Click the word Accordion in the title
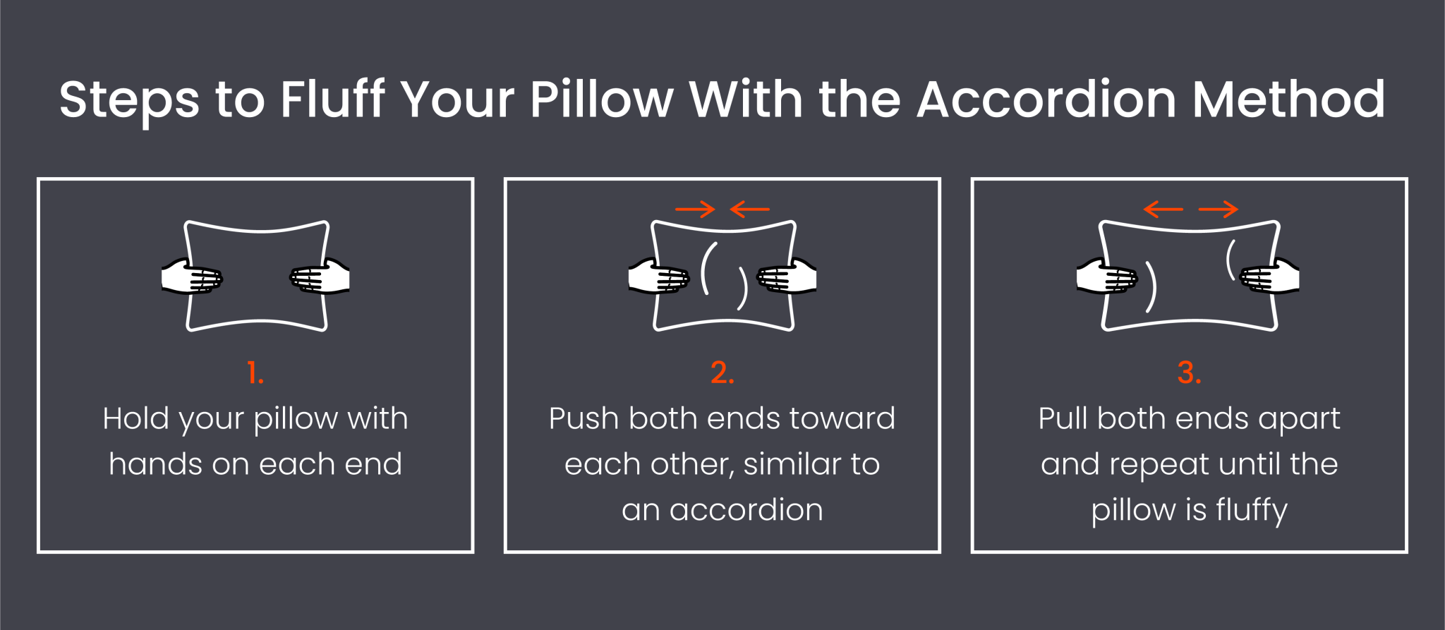coord(1046,99)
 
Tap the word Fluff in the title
coord(332,99)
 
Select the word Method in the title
coord(1288,99)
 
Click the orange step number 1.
coord(255,372)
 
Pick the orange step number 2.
coord(722,372)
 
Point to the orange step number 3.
coord(1189,372)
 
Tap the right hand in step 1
coord(320,277)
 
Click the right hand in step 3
coord(1270,277)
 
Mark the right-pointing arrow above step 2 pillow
coord(695,209)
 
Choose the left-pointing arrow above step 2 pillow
coord(749,209)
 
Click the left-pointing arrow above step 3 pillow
coord(1163,209)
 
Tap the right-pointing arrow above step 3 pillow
coord(1218,209)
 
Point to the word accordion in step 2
coord(746,509)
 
